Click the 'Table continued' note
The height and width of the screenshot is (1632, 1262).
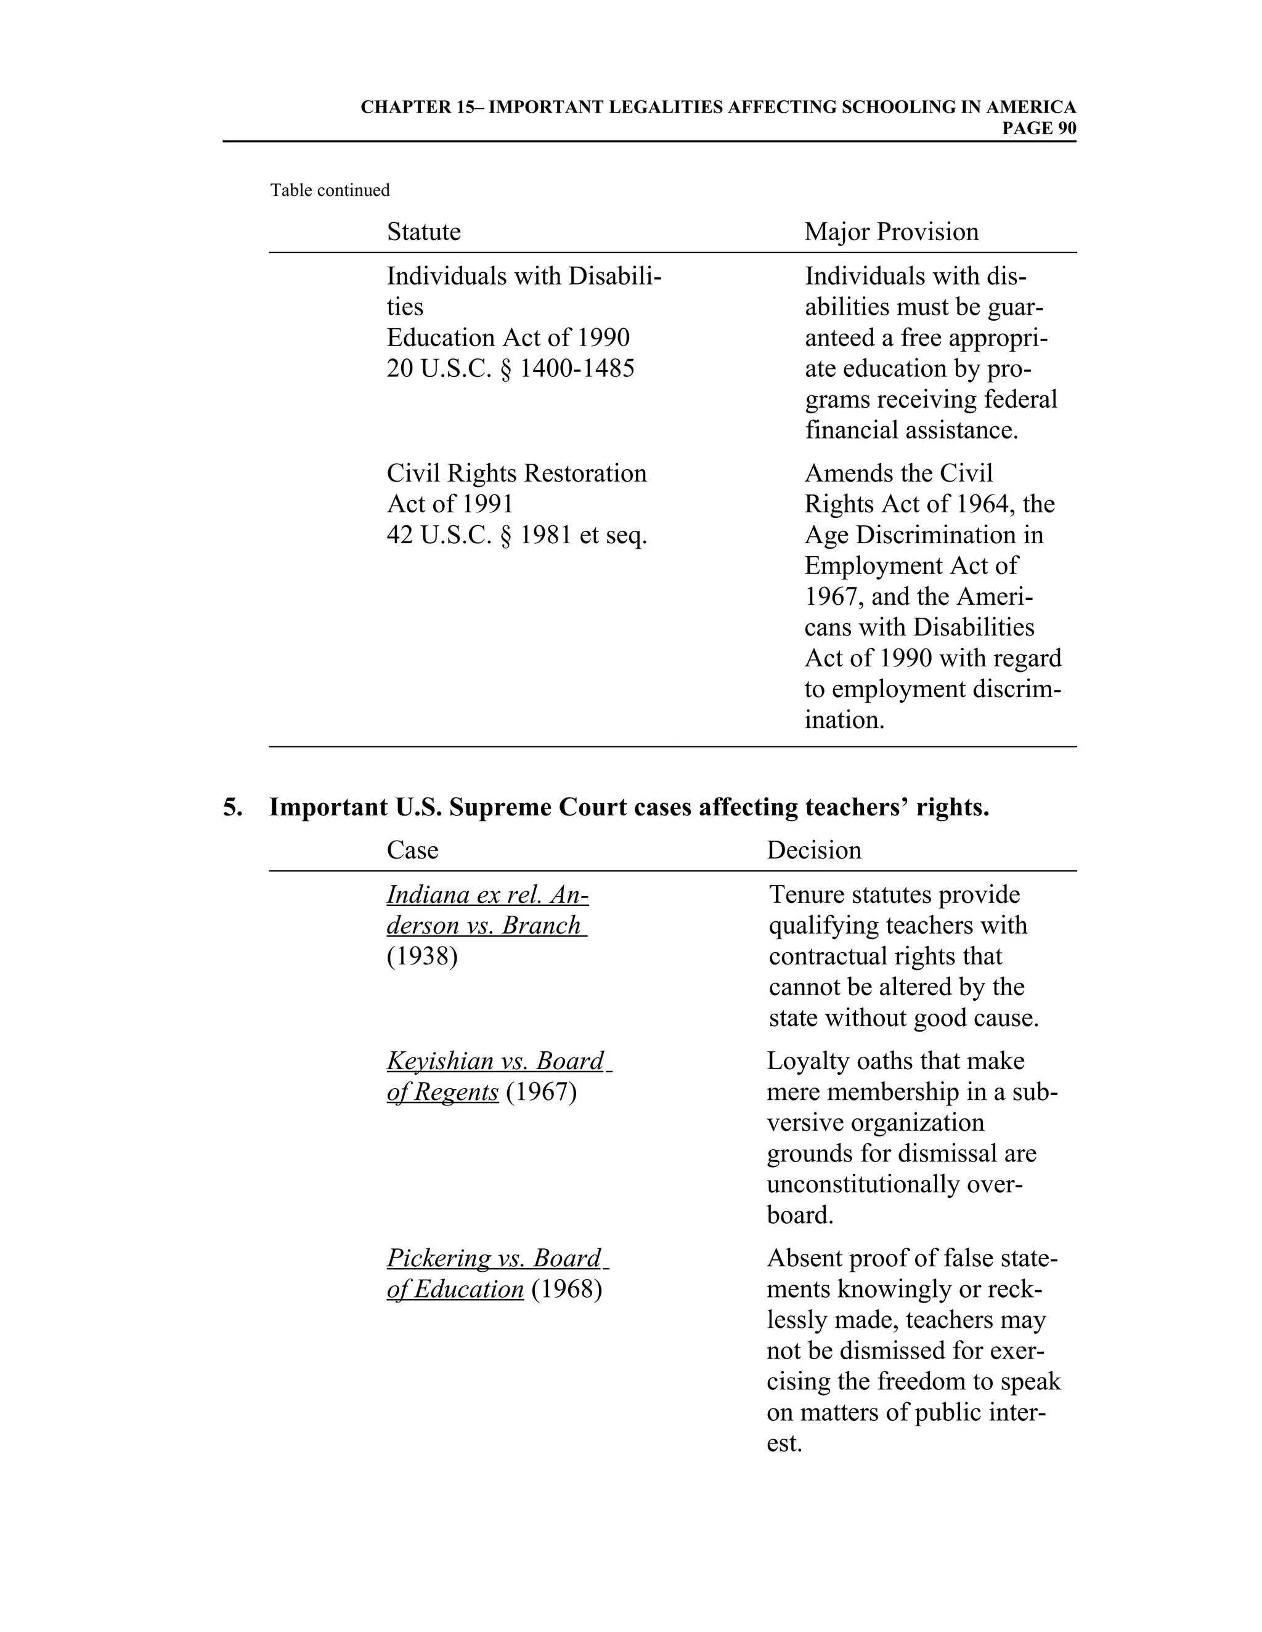(x=330, y=190)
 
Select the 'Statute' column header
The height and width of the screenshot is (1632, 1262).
(x=423, y=232)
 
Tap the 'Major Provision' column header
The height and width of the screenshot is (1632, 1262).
(x=891, y=232)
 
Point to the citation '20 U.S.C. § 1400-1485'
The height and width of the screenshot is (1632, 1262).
(x=510, y=368)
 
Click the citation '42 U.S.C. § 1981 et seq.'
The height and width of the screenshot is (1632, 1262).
(x=516, y=535)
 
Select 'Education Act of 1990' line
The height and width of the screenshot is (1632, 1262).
(x=508, y=337)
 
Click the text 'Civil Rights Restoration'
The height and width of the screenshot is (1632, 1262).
(x=516, y=473)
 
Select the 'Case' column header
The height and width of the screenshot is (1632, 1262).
(x=412, y=850)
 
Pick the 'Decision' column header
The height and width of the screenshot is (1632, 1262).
(x=813, y=850)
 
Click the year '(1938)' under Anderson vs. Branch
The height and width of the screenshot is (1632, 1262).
(x=421, y=956)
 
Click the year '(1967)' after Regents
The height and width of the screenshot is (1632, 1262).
(x=540, y=1092)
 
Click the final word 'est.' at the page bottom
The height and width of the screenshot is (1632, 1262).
(x=784, y=1443)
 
